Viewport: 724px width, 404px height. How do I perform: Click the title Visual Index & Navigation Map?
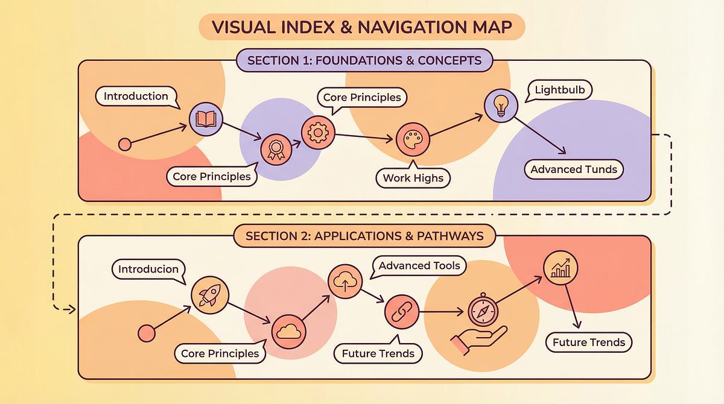click(x=362, y=27)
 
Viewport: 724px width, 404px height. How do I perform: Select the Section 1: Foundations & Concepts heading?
click(x=364, y=60)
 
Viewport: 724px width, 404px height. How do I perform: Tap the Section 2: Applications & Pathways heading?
click(x=365, y=235)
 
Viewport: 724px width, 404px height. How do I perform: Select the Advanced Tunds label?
click(x=574, y=169)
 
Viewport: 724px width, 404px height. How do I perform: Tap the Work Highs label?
click(x=413, y=178)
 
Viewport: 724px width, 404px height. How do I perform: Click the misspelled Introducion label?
click(x=148, y=269)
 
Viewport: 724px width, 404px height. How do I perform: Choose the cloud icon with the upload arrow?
click(x=344, y=279)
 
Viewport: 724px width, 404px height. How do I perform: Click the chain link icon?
click(x=399, y=312)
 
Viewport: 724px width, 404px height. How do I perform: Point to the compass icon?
click(x=483, y=312)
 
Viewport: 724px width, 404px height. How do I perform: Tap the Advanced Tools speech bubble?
click(x=419, y=265)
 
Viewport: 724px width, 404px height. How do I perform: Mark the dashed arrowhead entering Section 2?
click(x=71, y=310)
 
